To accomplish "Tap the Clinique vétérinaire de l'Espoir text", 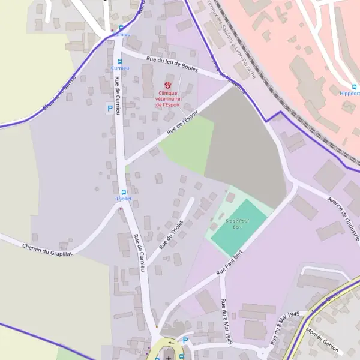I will tap(169, 99).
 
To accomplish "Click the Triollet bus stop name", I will tap(123, 199).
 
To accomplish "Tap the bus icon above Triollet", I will tap(123, 191).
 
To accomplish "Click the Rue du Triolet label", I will tap(170, 235).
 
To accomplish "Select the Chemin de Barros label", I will tap(53, 100).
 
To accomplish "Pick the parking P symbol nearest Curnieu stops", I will tap(110, 108).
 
